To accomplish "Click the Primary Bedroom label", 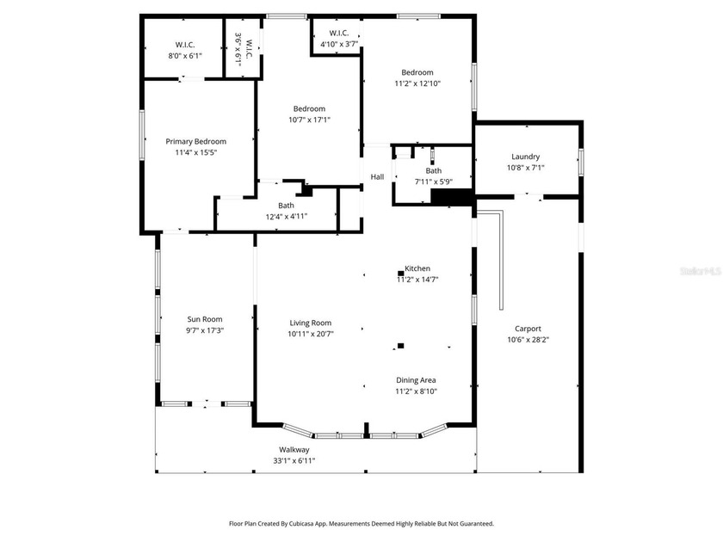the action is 196,141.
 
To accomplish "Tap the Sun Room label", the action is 205,319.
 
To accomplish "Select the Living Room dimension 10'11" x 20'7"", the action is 311,334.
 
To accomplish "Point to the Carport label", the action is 528,329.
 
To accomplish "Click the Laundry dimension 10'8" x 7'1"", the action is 526,168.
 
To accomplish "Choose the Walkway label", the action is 294,449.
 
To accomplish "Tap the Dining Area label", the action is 416,380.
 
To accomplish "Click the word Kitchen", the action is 417,268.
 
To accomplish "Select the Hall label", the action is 377,176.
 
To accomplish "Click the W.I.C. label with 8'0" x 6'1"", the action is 185,45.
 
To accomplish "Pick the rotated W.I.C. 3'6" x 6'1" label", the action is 244,49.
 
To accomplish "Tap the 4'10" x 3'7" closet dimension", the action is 339,44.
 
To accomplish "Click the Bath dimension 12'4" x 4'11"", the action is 287,217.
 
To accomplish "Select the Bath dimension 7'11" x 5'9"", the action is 434,182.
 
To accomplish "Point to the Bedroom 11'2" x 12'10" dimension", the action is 417,83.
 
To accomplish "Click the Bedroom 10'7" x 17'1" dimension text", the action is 309,120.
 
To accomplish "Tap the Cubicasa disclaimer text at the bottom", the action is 361,524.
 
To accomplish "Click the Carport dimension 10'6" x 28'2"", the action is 528,340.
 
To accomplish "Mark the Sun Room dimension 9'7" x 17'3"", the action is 205,330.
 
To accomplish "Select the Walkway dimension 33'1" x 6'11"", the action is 294,460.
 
